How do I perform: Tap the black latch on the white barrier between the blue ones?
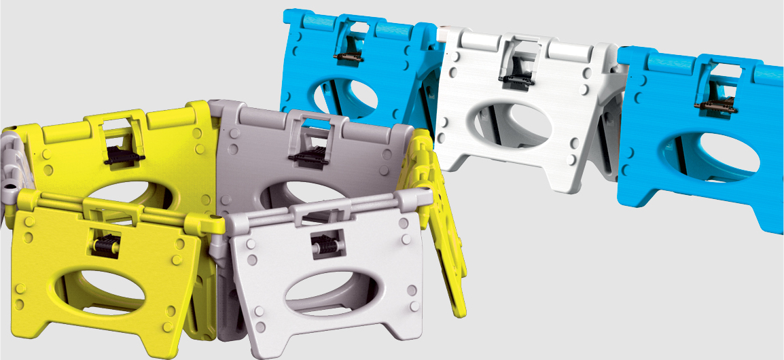(514, 76)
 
